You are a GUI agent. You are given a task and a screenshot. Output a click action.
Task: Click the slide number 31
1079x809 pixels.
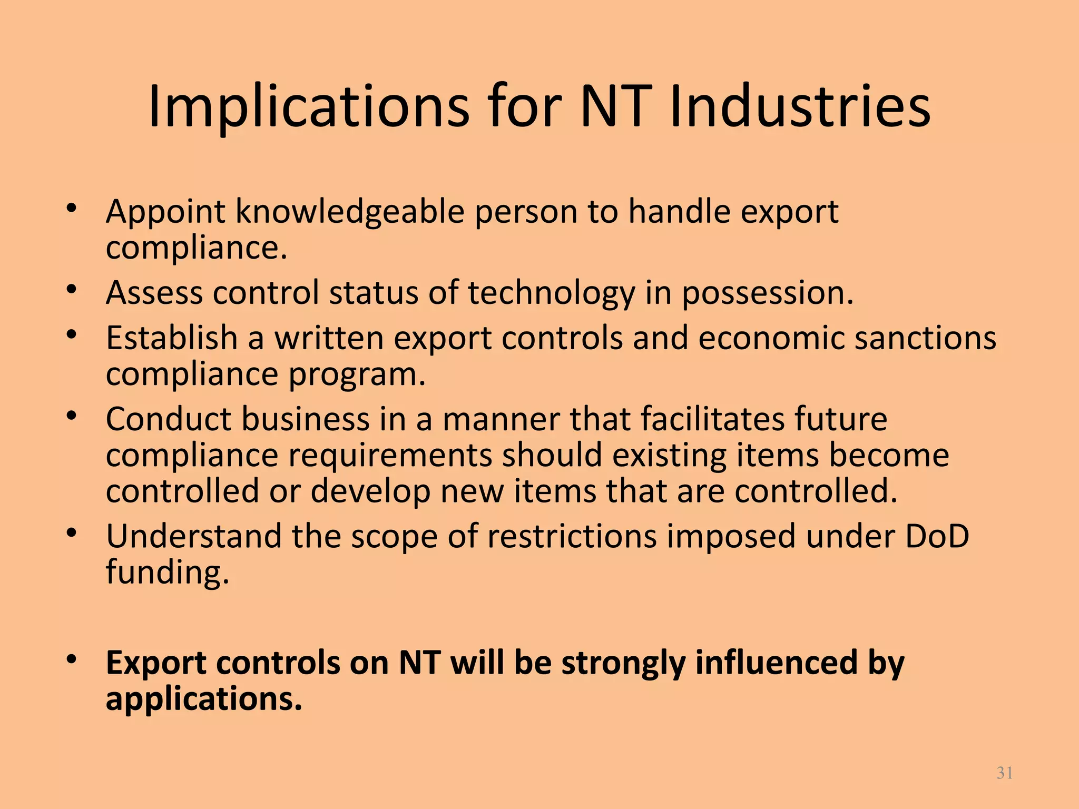coord(1005,773)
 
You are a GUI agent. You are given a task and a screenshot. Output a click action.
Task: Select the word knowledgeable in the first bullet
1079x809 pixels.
coord(350,212)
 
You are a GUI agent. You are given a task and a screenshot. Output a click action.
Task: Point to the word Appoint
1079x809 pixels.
coord(165,212)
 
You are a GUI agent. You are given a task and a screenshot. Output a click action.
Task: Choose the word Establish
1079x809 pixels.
coord(172,338)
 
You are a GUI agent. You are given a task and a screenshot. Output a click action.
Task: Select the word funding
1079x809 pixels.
coord(168,573)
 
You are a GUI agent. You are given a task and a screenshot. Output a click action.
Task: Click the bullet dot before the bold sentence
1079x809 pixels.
coord(73,660)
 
